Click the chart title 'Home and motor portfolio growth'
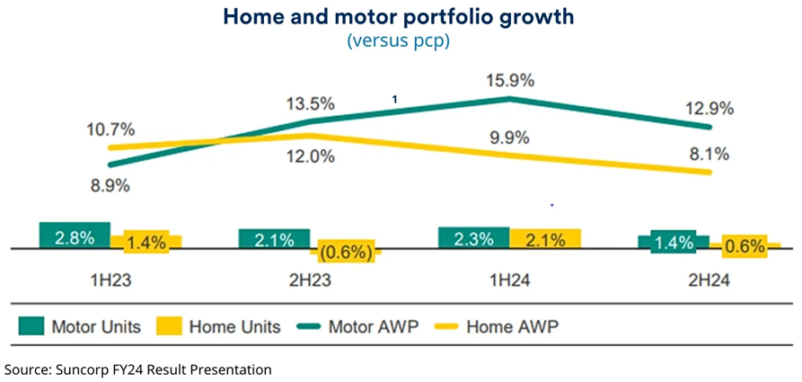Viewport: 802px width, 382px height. point(400,17)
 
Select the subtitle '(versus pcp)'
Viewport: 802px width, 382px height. point(400,40)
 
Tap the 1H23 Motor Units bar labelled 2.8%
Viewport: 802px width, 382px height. point(75,236)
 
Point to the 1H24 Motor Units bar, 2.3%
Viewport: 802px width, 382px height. point(473,238)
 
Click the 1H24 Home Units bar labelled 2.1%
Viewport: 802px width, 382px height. point(544,239)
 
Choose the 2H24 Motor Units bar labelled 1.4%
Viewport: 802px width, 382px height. point(673,243)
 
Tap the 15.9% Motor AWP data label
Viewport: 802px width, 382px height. point(510,80)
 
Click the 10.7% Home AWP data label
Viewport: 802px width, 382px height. point(112,128)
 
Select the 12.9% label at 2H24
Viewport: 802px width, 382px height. point(709,109)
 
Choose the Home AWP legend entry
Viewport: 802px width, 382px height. point(490,326)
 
